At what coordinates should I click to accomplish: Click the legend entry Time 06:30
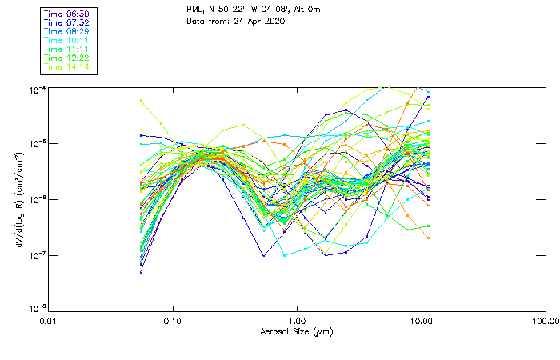66,14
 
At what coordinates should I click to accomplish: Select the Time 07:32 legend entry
66,22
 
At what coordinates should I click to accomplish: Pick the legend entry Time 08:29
66,31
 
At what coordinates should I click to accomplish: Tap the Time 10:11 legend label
66,40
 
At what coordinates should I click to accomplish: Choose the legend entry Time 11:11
66,49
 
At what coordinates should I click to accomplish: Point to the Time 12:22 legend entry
66,58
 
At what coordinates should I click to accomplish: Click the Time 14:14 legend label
66,66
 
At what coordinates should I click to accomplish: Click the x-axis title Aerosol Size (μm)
296,331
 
